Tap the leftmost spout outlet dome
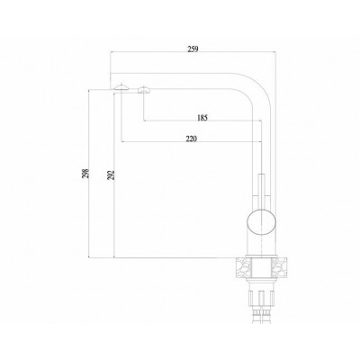point(118,87)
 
